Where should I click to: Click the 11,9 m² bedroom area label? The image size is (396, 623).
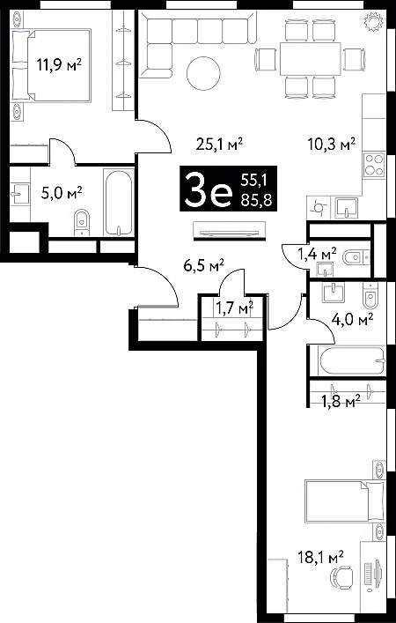click(x=59, y=63)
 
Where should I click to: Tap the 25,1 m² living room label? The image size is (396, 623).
click(x=219, y=145)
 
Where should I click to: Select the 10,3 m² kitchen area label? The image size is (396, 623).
click(x=332, y=144)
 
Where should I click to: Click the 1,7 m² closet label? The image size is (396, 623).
click(x=234, y=307)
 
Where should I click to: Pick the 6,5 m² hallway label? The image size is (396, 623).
click(x=204, y=265)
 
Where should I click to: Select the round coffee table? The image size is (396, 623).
click(x=203, y=73)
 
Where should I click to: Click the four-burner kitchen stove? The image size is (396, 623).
click(x=374, y=165)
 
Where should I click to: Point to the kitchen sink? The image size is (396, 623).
click(x=346, y=207)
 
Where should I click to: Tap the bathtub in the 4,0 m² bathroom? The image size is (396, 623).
click(x=351, y=360)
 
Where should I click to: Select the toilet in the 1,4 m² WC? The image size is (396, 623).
click(x=355, y=258)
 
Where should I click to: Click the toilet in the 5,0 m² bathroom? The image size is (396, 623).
click(x=83, y=222)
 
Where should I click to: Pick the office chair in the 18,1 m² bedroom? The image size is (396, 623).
click(x=342, y=578)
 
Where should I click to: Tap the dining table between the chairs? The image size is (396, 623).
click(x=311, y=59)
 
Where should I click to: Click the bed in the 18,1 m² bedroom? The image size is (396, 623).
click(x=345, y=501)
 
